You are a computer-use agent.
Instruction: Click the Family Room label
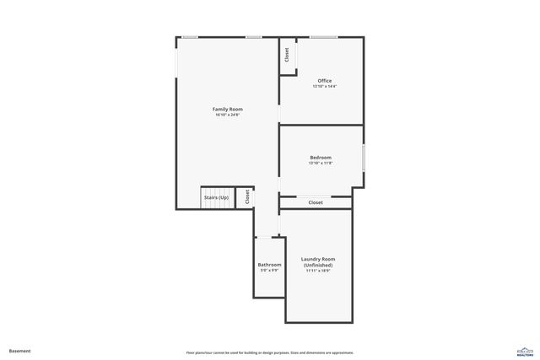click(227, 110)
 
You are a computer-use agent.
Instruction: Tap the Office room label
click(324, 81)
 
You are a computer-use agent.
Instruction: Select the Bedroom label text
click(321, 158)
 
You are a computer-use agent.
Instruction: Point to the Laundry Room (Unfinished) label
click(318, 262)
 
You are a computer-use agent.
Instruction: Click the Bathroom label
click(269, 265)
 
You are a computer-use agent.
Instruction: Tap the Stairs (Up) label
click(217, 197)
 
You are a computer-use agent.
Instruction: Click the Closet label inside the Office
click(287, 55)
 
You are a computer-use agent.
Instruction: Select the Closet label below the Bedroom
click(316, 202)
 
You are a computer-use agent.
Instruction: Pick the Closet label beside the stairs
click(246, 196)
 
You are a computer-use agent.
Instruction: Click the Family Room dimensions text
click(227, 116)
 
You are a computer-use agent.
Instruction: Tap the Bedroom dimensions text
click(321, 164)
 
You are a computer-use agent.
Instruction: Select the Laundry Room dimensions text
click(318, 271)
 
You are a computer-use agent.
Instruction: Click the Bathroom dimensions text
click(269, 271)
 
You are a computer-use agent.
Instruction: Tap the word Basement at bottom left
click(19, 351)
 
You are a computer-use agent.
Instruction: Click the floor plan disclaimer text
click(269, 352)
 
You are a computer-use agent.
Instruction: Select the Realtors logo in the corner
click(524, 352)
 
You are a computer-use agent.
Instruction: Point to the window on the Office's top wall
click(323, 37)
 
